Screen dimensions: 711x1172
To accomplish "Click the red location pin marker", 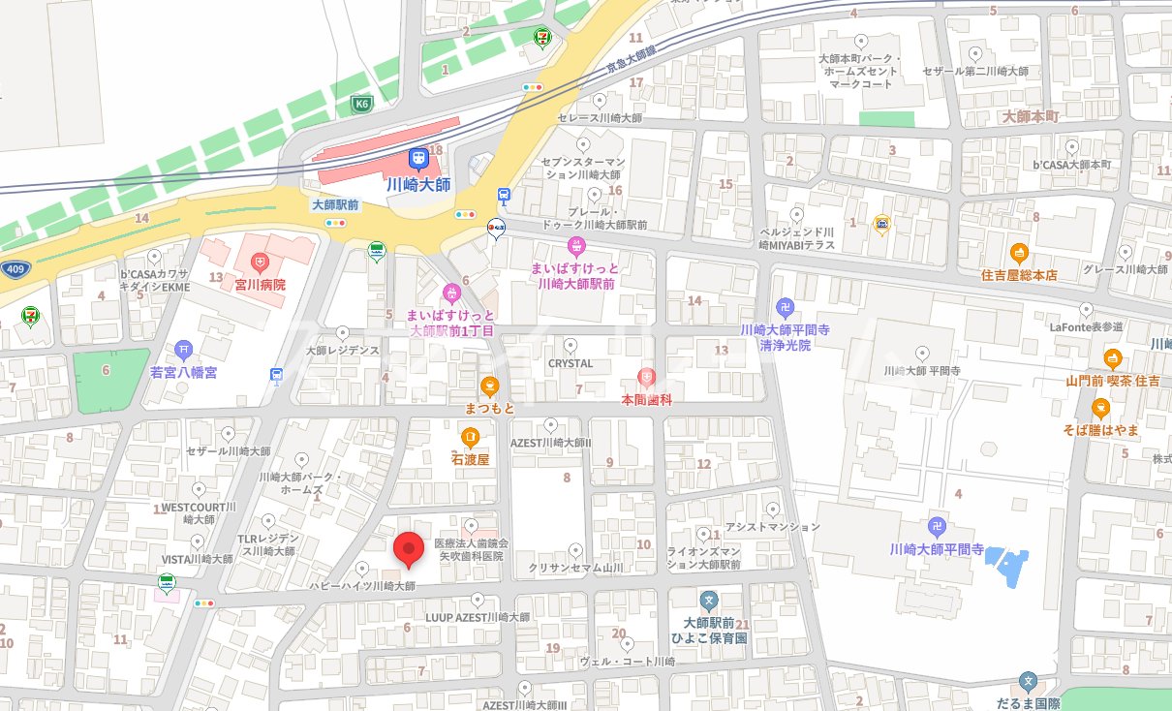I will pos(409,548).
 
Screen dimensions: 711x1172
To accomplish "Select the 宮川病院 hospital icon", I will pos(259,262).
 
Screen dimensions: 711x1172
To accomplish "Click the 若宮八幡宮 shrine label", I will pos(184,371).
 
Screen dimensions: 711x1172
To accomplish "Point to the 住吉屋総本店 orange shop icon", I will pos(1019,254).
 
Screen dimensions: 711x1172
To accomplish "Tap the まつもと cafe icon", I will pos(490,386).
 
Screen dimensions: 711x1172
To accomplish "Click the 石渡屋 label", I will pos(470,459).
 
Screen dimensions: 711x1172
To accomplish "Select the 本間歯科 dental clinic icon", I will pos(646,377).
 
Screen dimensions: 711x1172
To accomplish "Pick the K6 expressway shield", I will pos(361,103).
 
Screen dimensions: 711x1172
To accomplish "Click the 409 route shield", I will pos(15,268).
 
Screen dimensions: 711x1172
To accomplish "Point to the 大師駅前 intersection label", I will pos(336,205).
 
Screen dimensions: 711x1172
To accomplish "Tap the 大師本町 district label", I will pos(1032,116).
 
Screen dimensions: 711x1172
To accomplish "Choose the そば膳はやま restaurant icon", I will pos(1099,408).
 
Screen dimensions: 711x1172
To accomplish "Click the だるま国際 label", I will pos(1027,703).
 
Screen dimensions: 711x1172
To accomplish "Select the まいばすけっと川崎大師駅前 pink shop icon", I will pos(575,245).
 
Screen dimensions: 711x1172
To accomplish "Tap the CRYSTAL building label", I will pos(570,363).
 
